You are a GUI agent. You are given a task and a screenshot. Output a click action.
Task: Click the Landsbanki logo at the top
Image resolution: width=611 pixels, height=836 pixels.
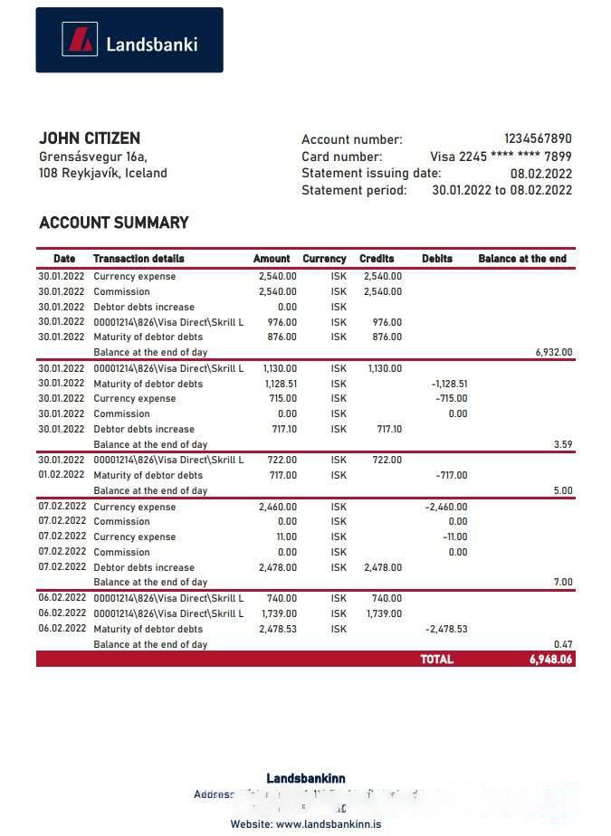[x=129, y=41]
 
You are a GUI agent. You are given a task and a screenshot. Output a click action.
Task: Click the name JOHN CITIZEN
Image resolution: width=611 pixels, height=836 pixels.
[x=90, y=138]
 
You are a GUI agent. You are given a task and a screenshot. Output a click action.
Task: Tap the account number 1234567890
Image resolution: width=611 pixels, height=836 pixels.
[x=538, y=139]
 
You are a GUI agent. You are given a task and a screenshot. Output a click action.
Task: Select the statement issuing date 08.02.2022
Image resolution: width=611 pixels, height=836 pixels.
[x=540, y=174]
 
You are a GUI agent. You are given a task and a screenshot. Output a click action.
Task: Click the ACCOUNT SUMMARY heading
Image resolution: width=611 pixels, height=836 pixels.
[x=114, y=223]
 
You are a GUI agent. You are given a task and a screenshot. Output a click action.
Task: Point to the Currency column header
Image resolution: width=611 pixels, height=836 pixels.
[x=324, y=259]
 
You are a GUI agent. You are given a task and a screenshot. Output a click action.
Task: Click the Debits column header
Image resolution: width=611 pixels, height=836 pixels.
[x=437, y=259]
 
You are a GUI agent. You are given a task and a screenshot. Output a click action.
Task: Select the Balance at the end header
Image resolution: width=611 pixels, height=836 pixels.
[x=522, y=259]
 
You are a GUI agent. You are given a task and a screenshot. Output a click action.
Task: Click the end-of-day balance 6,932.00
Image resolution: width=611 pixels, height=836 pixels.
[x=554, y=353]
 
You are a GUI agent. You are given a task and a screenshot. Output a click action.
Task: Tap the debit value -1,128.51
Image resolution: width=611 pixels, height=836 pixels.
[x=449, y=384]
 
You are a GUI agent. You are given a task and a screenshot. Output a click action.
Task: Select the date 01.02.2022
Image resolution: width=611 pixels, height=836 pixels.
[x=62, y=475]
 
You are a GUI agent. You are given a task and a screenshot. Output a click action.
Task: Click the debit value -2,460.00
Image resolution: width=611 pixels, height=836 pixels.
[x=446, y=508]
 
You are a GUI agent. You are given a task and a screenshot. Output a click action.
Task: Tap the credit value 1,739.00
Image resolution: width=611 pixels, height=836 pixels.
[x=385, y=613]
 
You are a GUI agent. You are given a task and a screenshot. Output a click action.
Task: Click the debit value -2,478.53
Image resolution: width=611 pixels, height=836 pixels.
[x=446, y=629]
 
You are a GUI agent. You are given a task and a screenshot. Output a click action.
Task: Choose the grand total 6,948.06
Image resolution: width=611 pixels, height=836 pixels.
[x=550, y=660]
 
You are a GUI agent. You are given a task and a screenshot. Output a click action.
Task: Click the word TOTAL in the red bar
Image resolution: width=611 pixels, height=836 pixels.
[x=436, y=660]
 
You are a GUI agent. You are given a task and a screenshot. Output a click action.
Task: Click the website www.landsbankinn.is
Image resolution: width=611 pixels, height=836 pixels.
[x=329, y=824]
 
